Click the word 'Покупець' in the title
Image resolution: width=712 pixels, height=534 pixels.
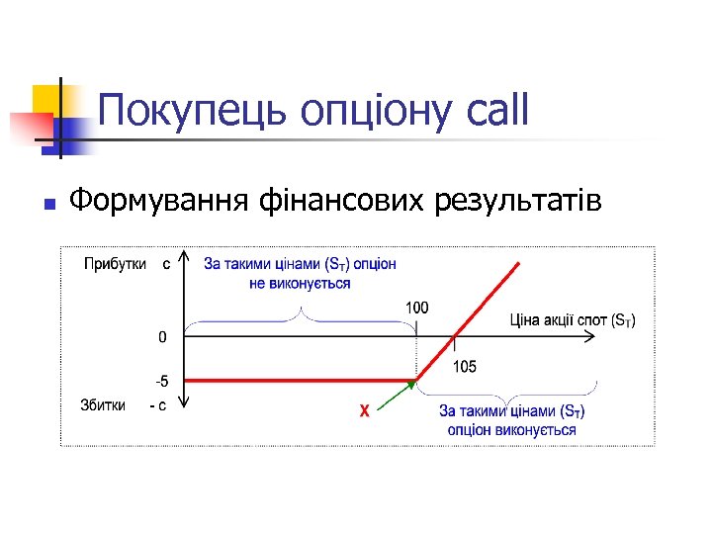click(x=185, y=110)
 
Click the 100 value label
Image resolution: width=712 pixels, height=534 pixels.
click(x=417, y=308)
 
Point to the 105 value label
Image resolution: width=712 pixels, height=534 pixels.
click(x=464, y=366)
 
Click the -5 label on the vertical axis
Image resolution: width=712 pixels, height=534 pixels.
click(x=161, y=381)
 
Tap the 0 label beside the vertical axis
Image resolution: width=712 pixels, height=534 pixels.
click(x=163, y=337)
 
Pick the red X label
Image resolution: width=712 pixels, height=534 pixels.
click(x=364, y=410)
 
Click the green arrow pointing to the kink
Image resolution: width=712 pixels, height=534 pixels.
click(x=396, y=396)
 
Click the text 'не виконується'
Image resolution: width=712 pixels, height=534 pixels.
click(x=300, y=283)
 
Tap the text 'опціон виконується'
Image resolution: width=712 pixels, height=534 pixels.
click(x=511, y=429)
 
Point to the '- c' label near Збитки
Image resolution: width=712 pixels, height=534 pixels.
click(x=156, y=405)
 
